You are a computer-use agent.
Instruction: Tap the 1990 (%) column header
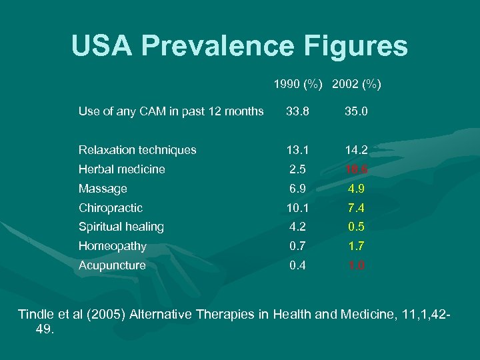(x=298, y=85)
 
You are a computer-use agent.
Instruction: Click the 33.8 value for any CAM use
(x=297, y=111)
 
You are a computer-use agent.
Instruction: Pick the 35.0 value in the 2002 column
(x=356, y=111)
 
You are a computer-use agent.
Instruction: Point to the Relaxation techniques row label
(x=137, y=150)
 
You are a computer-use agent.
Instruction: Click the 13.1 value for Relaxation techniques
(x=297, y=150)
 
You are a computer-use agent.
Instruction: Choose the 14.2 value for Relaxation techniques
(x=357, y=150)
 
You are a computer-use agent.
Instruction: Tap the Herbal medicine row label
(x=121, y=169)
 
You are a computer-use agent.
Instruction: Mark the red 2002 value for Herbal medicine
(x=357, y=169)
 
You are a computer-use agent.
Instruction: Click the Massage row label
(x=102, y=189)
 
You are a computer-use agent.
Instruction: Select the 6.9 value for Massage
(x=297, y=189)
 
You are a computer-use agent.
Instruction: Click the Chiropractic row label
(x=110, y=208)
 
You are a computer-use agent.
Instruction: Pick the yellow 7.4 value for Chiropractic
(x=357, y=208)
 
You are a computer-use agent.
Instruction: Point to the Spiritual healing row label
(x=121, y=227)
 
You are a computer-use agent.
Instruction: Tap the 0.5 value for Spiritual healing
(x=357, y=227)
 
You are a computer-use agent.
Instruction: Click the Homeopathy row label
(x=112, y=246)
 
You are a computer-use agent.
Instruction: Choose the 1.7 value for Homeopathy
(x=357, y=246)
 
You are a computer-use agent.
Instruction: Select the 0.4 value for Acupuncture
(x=297, y=265)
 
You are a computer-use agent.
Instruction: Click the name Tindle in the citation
(x=37, y=315)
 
